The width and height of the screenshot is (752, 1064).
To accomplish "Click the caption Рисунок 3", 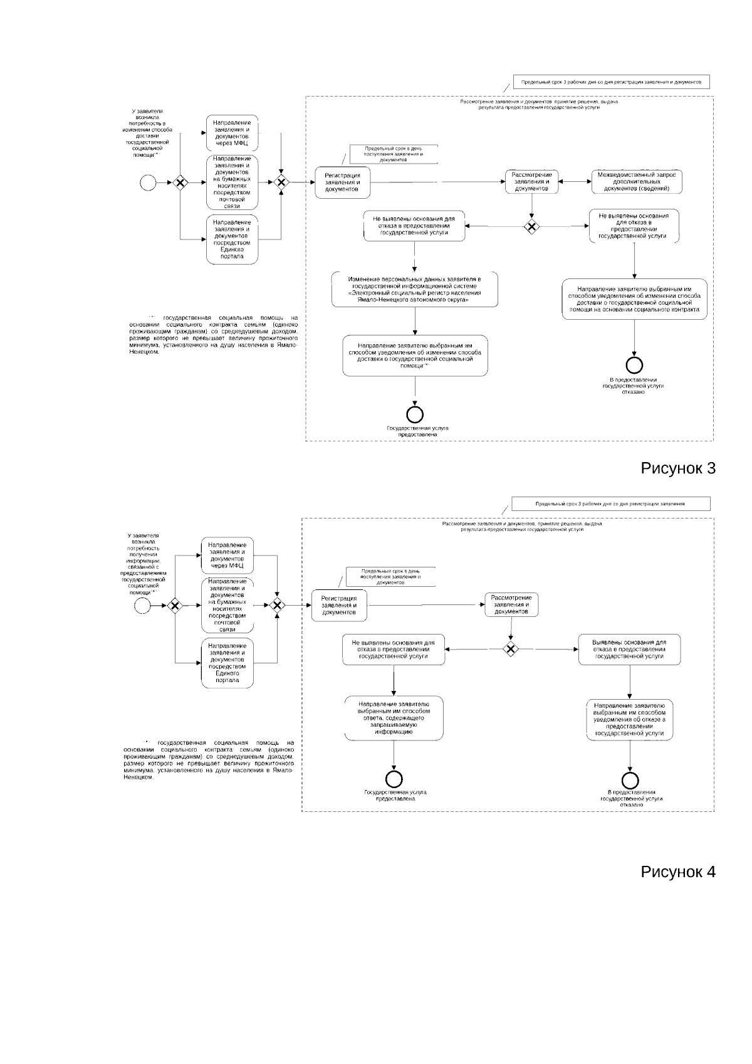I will [677, 468].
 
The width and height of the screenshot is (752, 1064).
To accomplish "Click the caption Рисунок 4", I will [677, 872].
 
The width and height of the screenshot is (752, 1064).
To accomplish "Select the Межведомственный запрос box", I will [637, 181].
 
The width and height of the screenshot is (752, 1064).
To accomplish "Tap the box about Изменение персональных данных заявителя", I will [415, 290].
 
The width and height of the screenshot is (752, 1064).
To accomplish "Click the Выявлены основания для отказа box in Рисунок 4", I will [629, 650].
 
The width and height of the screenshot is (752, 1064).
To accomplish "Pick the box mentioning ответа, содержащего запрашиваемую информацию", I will [394, 718].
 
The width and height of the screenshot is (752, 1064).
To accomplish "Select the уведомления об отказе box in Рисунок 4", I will [630, 719].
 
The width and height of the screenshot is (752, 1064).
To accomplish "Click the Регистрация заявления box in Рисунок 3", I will [342, 182].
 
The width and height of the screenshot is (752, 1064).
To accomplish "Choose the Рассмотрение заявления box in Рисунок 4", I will [511, 605].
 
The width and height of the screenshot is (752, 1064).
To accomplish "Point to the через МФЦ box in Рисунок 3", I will [232, 133].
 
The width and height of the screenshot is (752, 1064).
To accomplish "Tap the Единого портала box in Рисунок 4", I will [227, 663].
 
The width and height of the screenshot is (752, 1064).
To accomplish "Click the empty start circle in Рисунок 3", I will [148, 182].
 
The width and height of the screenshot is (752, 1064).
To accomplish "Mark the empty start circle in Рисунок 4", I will [142, 605].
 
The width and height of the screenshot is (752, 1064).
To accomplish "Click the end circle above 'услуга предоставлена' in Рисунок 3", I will [415, 414].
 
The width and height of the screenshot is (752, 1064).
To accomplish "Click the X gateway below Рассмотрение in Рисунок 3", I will [531, 226].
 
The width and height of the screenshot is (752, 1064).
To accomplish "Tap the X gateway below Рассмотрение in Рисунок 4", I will [511, 649].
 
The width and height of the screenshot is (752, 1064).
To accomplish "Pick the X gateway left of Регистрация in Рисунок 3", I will [281, 182].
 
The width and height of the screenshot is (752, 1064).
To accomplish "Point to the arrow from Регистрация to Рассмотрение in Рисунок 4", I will [426, 605].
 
